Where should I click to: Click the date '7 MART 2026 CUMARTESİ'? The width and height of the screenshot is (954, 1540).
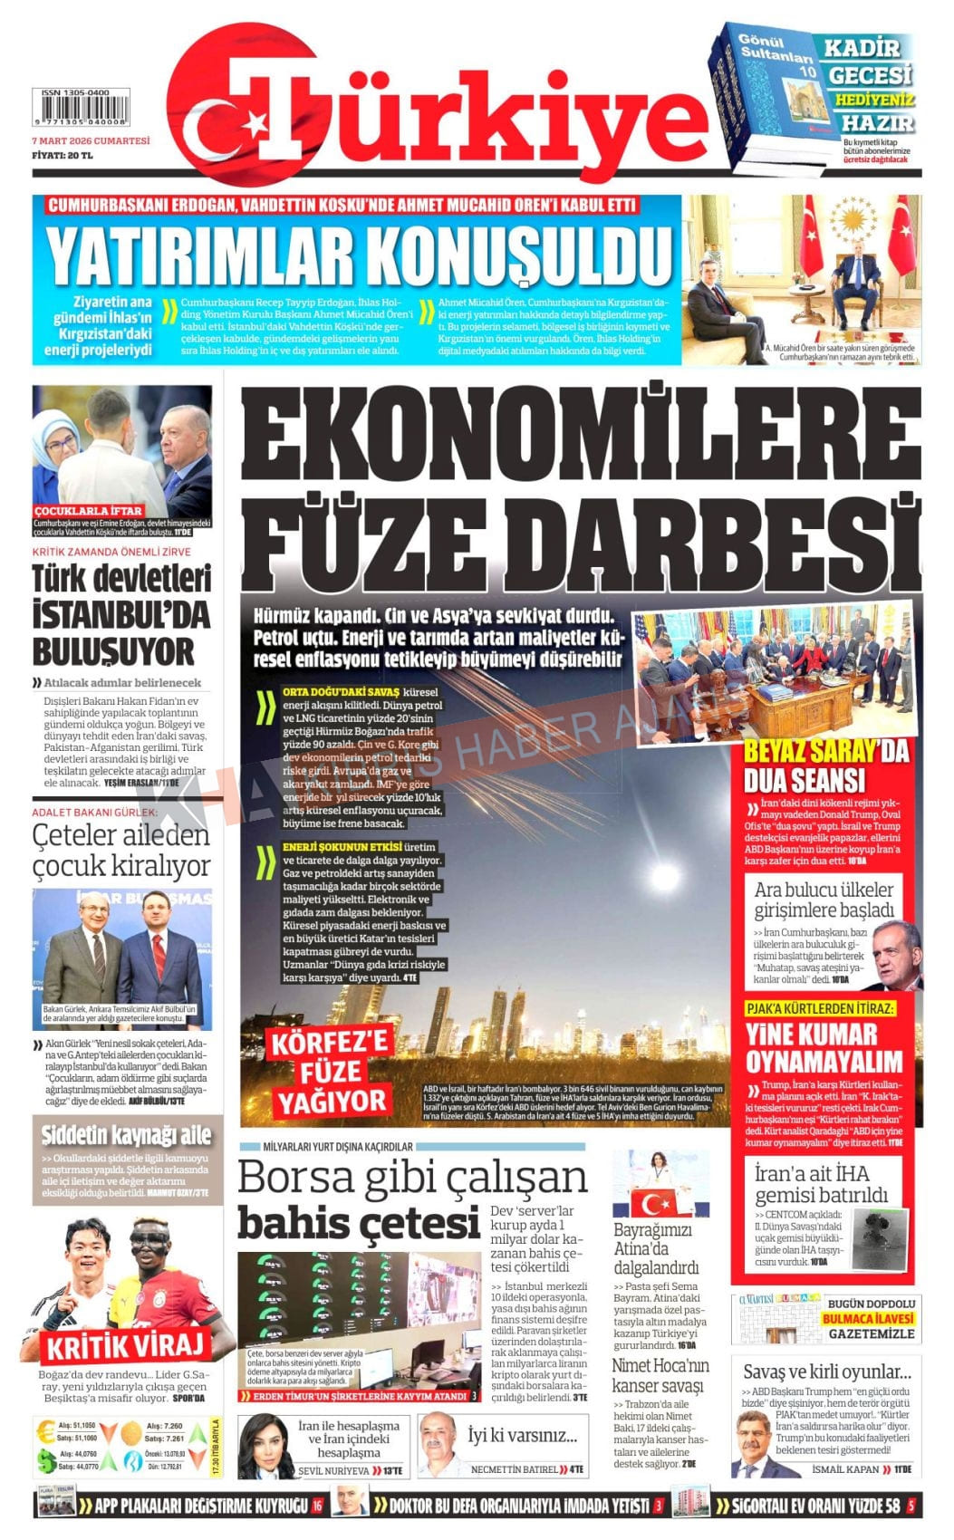pos(91,141)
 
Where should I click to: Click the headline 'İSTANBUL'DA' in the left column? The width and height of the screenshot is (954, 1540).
pos(121,615)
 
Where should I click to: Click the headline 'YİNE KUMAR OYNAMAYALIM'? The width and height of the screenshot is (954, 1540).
pos(824,1047)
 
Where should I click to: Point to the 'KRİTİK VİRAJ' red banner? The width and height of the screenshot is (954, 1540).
pos(128,1345)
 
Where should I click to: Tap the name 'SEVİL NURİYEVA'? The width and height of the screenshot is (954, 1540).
pos(334,1471)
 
